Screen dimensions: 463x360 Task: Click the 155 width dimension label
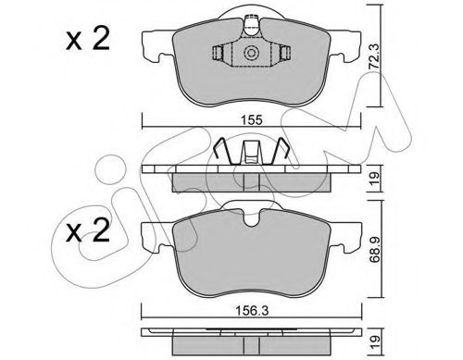252,119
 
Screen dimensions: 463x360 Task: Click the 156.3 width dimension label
252,311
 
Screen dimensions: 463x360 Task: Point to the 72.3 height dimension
374,56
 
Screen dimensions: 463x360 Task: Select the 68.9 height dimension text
374,249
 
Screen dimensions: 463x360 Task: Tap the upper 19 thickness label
374,179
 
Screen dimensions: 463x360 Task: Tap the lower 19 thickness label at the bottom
374,343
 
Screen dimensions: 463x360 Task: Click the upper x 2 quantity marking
88,39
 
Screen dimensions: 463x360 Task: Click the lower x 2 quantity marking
88,230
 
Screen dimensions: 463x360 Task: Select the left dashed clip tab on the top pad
218,53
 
